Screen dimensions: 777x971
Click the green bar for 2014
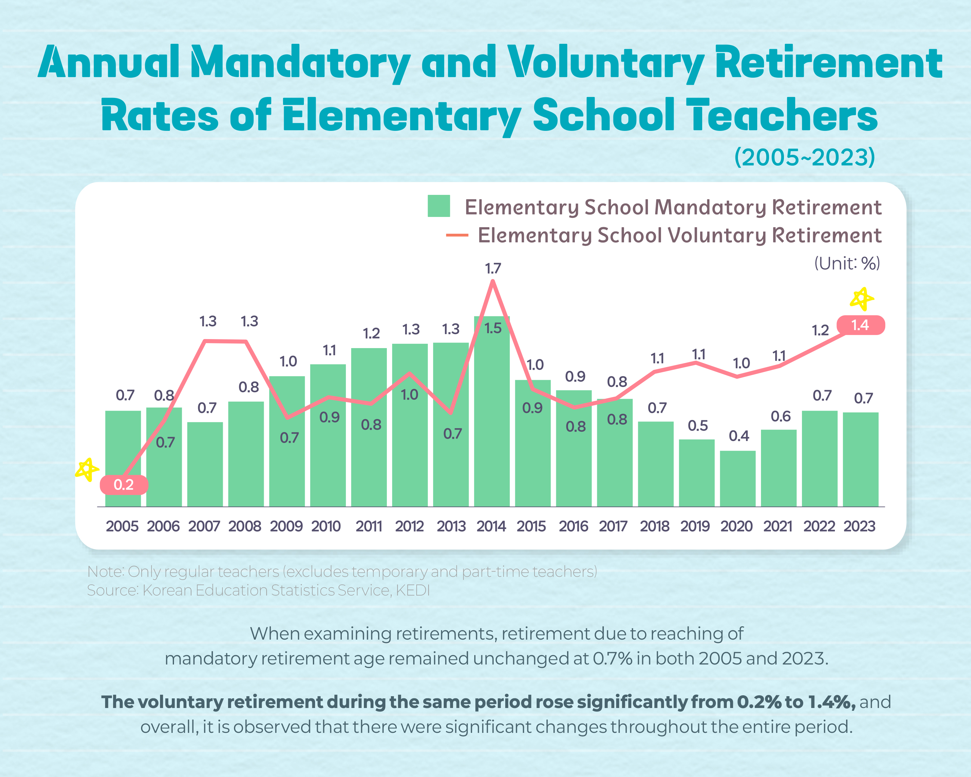click(x=492, y=419)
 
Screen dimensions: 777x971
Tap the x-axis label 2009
click(x=286, y=526)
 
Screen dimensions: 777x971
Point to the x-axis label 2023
click(x=859, y=526)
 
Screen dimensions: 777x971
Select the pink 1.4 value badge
click(x=860, y=325)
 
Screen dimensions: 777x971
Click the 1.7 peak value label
click(x=493, y=269)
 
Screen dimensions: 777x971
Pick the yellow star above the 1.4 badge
click(x=862, y=299)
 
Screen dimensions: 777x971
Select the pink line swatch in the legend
click(x=457, y=235)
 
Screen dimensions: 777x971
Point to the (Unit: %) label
click(x=847, y=264)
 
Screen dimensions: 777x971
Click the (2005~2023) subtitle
click(x=804, y=157)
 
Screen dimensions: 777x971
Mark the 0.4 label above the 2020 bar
click(x=739, y=436)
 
